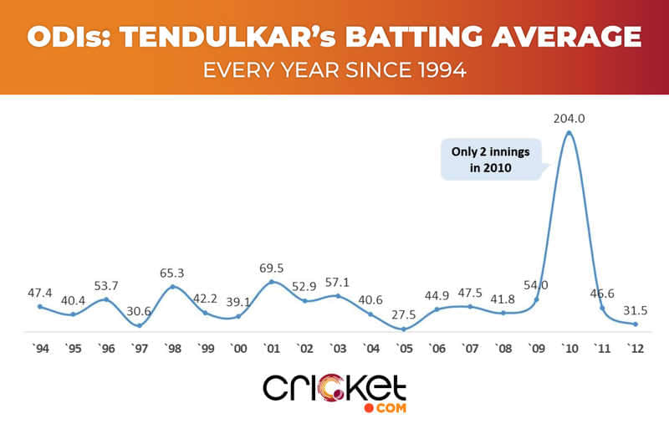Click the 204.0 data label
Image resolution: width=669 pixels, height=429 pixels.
click(569, 119)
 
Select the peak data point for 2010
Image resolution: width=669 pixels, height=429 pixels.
click(569, 132)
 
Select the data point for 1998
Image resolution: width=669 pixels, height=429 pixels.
click(172, 287)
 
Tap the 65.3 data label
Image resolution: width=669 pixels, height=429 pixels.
click(172, 273)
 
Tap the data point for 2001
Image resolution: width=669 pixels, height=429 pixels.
click(272, 282)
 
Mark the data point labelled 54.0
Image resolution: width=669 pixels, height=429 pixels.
click(536, 299)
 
